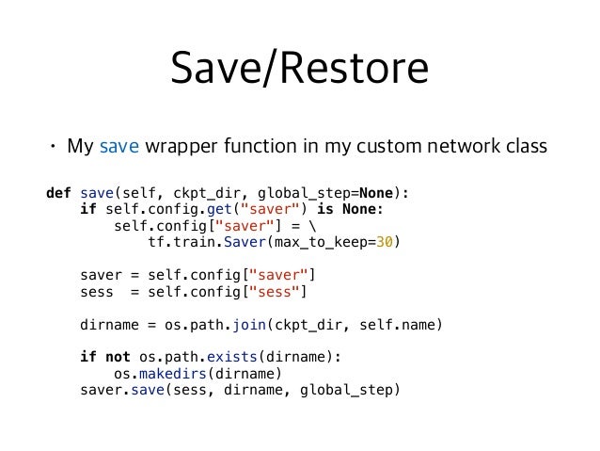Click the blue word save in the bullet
[118, 147]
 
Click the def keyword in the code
[58, 194]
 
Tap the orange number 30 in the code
[383, 243]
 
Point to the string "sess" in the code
[279, 292]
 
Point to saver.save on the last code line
[122, 390]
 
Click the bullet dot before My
[53, 148]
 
